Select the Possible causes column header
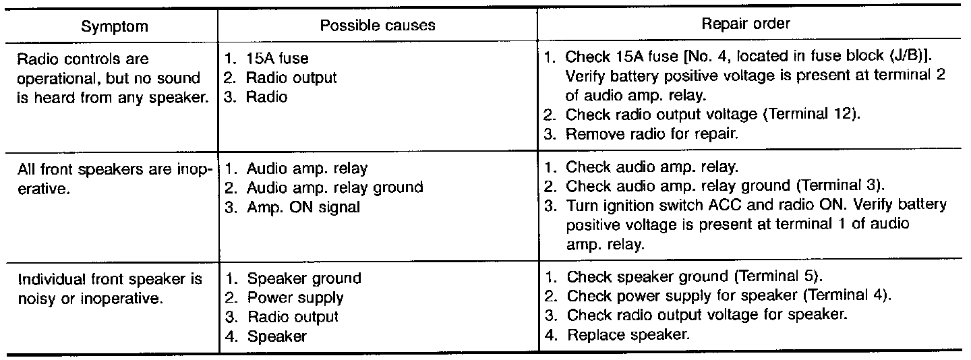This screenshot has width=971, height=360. pyautogui.click(x=378, y=26)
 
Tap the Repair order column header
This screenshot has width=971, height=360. pyautogui.click(x=746, y=24)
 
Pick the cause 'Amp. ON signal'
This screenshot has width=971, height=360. pyautogui.click(x=303, y=207)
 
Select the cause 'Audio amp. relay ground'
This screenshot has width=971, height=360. pyautogui.click(x=334, y=188)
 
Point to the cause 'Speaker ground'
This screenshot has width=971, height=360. pyautogui.click(x=303, y=278)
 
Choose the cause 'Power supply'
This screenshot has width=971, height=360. pyautogui.click(x=295, y=297)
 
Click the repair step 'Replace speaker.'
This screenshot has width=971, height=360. pyautogui.click(x=628, y=334)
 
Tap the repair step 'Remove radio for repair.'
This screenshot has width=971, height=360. pyautogui.click(x=652, y=133)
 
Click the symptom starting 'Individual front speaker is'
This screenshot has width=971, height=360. pyautogui.click(x=110, y=287)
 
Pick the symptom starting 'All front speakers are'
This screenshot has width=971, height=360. pyautogui.click(x=115, y=178)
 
